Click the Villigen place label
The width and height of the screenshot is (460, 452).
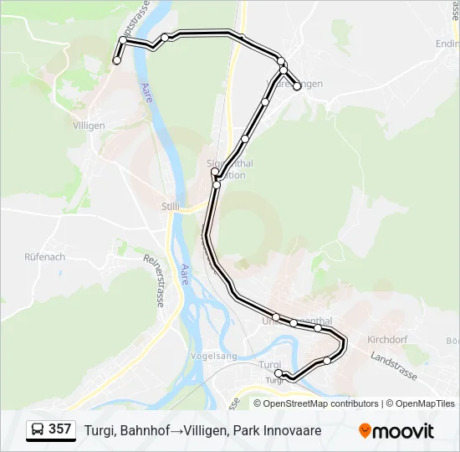coord(89,126)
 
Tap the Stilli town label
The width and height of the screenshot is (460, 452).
coord(170,205)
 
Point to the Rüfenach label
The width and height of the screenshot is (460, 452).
coord(45,257)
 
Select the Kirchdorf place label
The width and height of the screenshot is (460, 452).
coord(386,339)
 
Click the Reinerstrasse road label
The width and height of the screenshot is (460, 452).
coord(156,281)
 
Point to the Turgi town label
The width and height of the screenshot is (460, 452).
coord(270,365)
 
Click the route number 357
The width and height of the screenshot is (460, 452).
coord(59,429)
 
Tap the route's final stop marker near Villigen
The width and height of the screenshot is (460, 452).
coord(116,60)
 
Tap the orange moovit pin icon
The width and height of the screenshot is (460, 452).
coord(365,430)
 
